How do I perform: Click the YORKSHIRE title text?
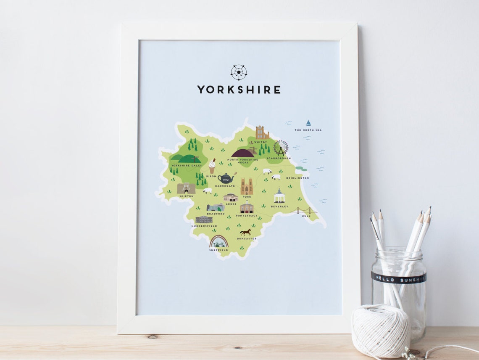point(239,90)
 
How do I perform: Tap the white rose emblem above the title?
point(239,72)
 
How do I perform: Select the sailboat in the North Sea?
point(308,123)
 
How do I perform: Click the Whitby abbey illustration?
point(262,132)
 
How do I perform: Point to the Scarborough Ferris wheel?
point(281,148)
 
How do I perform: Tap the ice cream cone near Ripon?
point(212,166)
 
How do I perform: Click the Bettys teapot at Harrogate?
point(225,178)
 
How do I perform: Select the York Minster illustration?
point(247,186)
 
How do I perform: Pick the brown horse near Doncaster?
point(245,232)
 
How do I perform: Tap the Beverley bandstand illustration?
point(279,196)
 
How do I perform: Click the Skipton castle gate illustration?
point(186,188)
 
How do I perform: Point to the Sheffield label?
point(218,250)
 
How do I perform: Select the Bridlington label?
point(297,178)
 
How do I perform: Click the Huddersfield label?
point(204,226)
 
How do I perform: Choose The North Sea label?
point(308,130)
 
